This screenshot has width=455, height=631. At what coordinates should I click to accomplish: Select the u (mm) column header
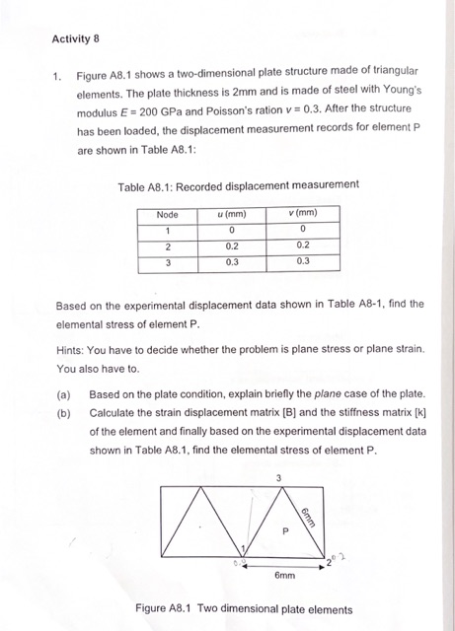coord(231,214)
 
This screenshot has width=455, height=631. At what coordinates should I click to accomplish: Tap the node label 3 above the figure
coord(278,478)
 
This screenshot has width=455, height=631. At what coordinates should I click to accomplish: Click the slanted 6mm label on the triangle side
coord(308,514)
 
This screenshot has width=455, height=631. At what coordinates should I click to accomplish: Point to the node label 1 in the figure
coord(238,548)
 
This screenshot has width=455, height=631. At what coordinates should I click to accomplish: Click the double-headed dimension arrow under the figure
coord(284,565)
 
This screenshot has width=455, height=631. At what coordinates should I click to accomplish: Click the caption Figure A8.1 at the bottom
coord(244,609)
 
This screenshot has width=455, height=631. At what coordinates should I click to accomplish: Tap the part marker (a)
coord(64,394)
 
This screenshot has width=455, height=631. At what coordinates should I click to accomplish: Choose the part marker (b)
coord(64,413)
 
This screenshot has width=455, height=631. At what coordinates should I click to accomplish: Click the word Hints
coord(71,350)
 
